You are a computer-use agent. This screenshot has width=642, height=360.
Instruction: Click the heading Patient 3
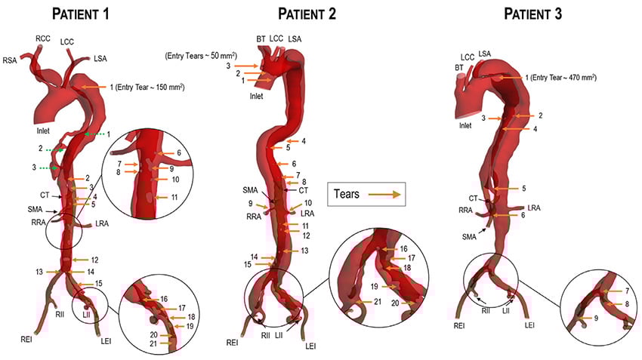[x=536, y=14]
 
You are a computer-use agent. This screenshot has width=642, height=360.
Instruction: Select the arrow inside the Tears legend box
[x=384, y=195]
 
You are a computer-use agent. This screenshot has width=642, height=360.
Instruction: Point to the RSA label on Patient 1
[x=11, y=60]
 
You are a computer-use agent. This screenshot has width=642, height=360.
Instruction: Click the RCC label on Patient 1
[x=43, y=38]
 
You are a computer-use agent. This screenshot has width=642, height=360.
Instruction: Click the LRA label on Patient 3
[x=534, y=207]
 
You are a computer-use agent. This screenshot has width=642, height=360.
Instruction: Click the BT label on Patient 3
[x=458, y=67]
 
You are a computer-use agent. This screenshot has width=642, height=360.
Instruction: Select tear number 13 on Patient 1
[x=39, y=272]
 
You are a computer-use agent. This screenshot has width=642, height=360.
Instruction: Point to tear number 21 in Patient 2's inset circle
[x=377, y=302]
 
